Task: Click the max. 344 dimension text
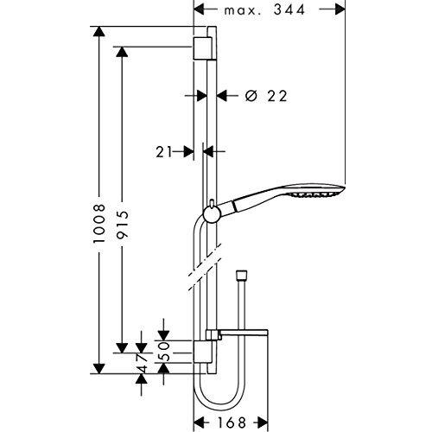[x=264, y=10]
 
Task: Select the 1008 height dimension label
[x=99, y=224]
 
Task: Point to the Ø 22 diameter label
[x=266, y=96]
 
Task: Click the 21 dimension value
[x=164, y=152]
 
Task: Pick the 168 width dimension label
[x=232, y=422]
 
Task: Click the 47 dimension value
[x=141, y=364]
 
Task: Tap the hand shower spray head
[x=317, y=190]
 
